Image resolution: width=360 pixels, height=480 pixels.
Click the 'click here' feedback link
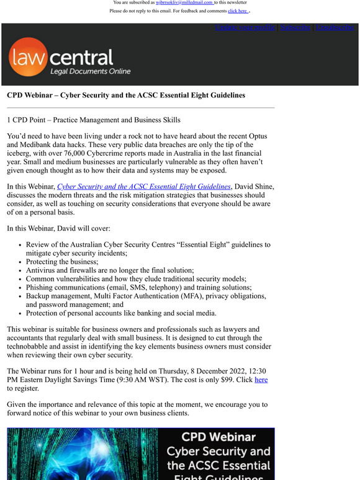pos(238,11)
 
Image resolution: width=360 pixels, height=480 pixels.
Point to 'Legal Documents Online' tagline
pos(91,72)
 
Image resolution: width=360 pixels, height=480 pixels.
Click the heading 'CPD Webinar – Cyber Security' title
pos(126,96)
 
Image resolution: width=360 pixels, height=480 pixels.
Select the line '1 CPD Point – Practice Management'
pos(94,120)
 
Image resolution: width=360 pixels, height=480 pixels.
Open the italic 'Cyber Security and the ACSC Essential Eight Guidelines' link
pos(144,187)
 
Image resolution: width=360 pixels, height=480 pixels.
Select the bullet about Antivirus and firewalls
pos(110,270)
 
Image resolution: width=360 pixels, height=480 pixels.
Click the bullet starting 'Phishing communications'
pos(138,288)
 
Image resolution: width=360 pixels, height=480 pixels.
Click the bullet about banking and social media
pos(121,313)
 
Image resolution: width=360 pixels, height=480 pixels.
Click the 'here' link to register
pos(261,380)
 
